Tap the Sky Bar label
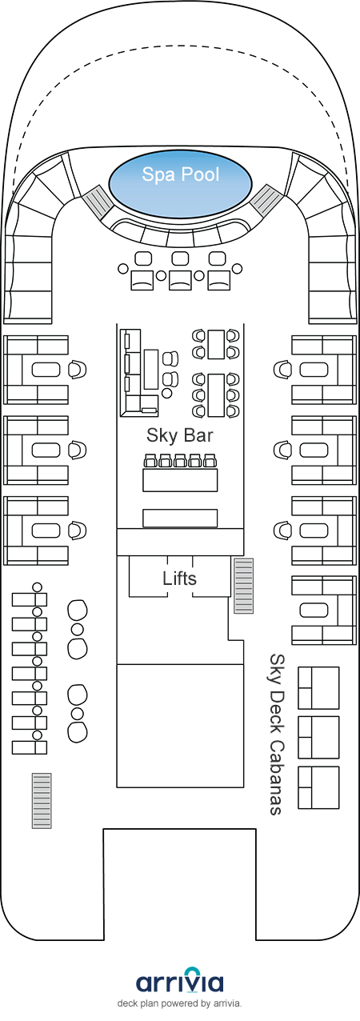click(x=179, y=435)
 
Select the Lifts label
click(x=179, y=579)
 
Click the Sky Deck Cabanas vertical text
click(x=277, y=735)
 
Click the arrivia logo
click(x=179, y=983)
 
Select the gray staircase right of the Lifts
click(x=243, y=586)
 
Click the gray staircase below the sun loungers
click(x=42, y=801)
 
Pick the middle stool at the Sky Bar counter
click(x=179, y=461)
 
